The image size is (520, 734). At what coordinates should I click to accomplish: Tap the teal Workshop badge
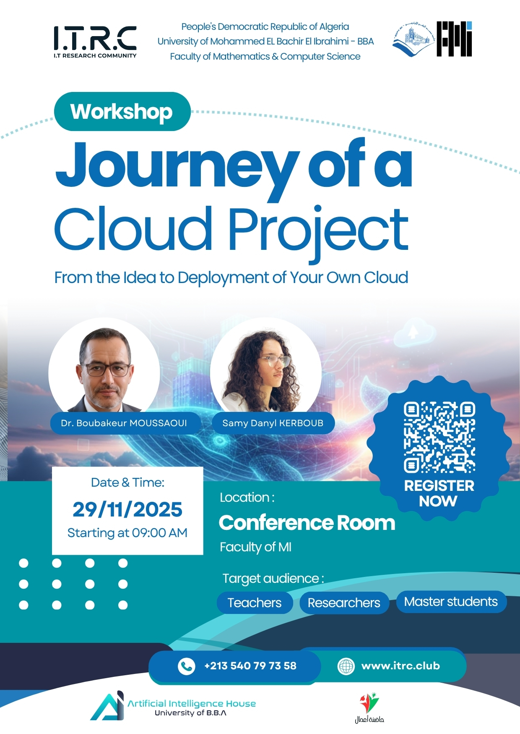click(x=122, y=112)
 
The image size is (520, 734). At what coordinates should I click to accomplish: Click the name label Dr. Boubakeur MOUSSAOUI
click(x=124, y=423)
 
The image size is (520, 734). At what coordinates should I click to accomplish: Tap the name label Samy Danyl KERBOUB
click(x=273, y=423)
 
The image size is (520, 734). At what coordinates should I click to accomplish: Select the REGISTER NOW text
click(x=439, y=493)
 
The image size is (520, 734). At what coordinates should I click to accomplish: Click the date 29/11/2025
click(x=127, y=509)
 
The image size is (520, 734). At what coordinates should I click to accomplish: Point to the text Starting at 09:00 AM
click(x=127, y=533)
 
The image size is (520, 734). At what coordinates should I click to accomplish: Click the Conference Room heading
click(x=307, y=523)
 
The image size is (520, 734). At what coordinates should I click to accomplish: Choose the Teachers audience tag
click(x=255, y=603)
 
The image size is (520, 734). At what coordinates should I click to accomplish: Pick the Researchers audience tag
click(x=344, y=603)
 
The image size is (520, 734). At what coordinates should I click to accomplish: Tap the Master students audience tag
click(x=451, y=602)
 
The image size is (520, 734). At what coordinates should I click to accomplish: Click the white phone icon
click(x=186, y=666)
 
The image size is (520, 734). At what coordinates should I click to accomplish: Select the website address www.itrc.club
click(x=400, y=666)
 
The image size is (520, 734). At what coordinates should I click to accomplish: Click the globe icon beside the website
click(x=346, y=666)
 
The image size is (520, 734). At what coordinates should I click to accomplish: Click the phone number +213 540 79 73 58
click(x=250, y=666)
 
